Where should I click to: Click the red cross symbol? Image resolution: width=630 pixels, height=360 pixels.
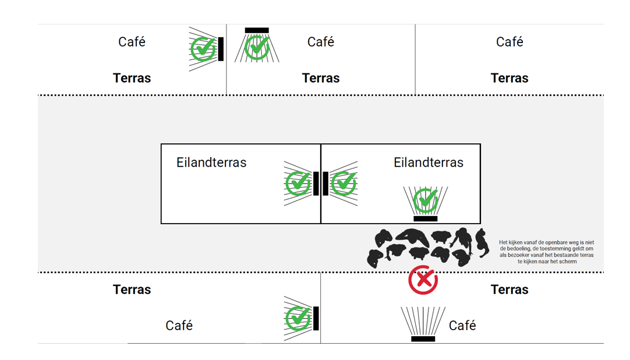click(423, 280)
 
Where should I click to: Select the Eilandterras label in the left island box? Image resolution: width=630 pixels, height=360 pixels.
click(211, 163)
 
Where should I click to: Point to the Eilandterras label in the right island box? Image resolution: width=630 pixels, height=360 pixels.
click(429, 163)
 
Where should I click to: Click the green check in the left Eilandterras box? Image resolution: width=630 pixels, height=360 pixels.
click(298, 183)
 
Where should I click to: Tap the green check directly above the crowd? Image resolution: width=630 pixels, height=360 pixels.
click(426, 201)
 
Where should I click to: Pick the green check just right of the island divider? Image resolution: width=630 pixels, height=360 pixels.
click(344, 183)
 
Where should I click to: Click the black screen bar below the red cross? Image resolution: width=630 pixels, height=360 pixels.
click(423, 338)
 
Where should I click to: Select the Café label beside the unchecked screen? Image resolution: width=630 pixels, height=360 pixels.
click(462, 326)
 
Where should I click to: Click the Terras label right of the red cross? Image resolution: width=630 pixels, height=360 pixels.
click(509, 290)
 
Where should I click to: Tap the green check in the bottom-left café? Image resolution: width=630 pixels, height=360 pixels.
click(298, 318)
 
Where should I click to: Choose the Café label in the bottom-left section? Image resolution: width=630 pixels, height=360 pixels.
click(179, 326)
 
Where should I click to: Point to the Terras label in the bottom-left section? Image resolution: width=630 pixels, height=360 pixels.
click(132, 290)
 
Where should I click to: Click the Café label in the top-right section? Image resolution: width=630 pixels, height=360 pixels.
click(509, 42)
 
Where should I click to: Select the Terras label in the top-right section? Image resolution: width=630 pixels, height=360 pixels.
click(509, 78)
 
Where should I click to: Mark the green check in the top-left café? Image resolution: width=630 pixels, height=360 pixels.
click(203, 49)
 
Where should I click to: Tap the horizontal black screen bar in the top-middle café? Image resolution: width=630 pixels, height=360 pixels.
click(257, 30)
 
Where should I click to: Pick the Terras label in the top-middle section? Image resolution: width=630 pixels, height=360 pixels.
click(321, 78)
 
